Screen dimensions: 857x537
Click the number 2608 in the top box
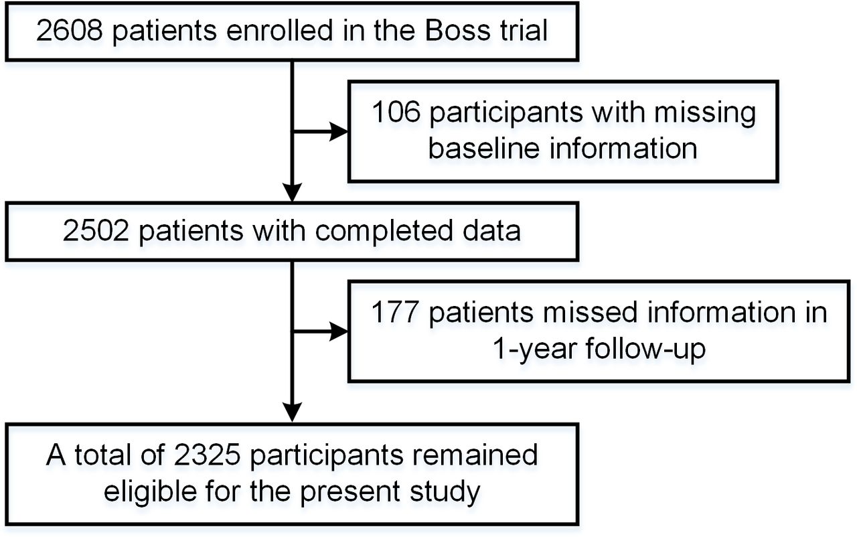click(70, 31)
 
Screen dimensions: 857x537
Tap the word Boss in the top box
click(457, 31)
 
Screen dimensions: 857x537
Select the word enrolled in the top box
click(280, 31)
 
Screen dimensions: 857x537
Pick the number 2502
click(96, 230)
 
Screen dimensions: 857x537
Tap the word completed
click(384, 232)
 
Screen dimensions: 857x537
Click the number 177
click(394, 312)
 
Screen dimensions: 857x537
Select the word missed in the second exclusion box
click(589, 312)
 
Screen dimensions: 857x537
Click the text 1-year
click(533, 350)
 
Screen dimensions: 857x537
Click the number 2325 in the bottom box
click(207, 455)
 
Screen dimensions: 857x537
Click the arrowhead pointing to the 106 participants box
click(339, 132)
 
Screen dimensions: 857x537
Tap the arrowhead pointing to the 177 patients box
click(339, 331)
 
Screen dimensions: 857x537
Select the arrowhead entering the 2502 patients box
click(293, 192)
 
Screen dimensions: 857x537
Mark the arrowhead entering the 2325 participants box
click(293, 412)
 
